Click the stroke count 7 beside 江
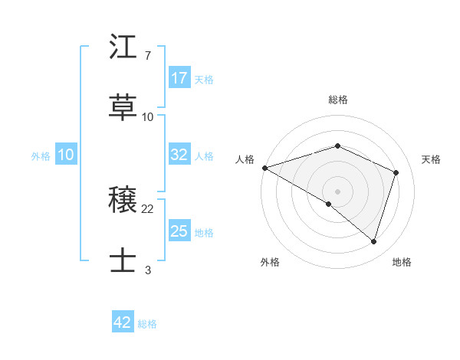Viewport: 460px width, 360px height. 147,56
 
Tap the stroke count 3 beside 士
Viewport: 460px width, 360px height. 147,270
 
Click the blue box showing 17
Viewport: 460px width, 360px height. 179,78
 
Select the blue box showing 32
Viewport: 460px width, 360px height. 179,155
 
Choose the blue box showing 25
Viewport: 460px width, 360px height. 179,231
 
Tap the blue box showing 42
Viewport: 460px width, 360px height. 123,322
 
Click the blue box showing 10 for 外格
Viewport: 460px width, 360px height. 65,155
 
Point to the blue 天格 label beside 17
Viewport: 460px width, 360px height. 204,79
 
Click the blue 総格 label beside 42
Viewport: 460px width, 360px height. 147,323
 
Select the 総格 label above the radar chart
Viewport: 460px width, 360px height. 338,100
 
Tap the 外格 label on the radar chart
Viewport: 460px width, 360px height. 270,263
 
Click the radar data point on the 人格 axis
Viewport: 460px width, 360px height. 264,168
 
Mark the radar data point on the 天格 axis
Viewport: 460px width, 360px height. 396,172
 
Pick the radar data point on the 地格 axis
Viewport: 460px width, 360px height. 373,242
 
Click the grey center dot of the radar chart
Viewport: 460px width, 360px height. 337,191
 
